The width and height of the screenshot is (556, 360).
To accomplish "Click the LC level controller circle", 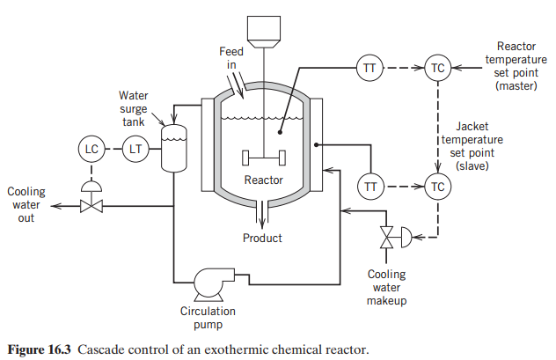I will (x=91, y=149).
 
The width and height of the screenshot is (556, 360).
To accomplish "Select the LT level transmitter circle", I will (x=135, y=149).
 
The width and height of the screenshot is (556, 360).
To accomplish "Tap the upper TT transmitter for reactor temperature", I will (x=369, y=68).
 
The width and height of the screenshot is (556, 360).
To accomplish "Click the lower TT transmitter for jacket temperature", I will (x=369, y=186).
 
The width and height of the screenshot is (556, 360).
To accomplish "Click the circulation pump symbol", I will (x=209, y=283).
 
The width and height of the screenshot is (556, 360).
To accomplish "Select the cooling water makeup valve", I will (x=386, y=236).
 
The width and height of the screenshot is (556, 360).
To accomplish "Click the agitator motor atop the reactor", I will (x=265, y=29).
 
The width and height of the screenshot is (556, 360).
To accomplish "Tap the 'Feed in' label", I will (x=231, y=58).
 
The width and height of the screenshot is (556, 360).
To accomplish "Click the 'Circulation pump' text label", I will (x=209, y=317).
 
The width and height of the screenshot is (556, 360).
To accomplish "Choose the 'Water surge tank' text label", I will (x=135, y=107).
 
